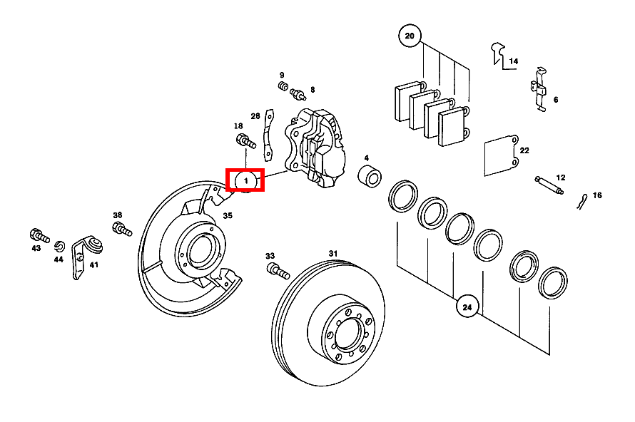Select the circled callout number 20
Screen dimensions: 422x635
[410, 36]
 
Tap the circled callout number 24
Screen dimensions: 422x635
[467, 308]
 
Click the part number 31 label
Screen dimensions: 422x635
[332, 254]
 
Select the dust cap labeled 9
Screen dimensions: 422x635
[283, 87]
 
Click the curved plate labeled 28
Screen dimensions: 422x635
[268, 133]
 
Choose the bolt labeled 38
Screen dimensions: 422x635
[121, 230]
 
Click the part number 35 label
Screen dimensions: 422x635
[228, 216]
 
